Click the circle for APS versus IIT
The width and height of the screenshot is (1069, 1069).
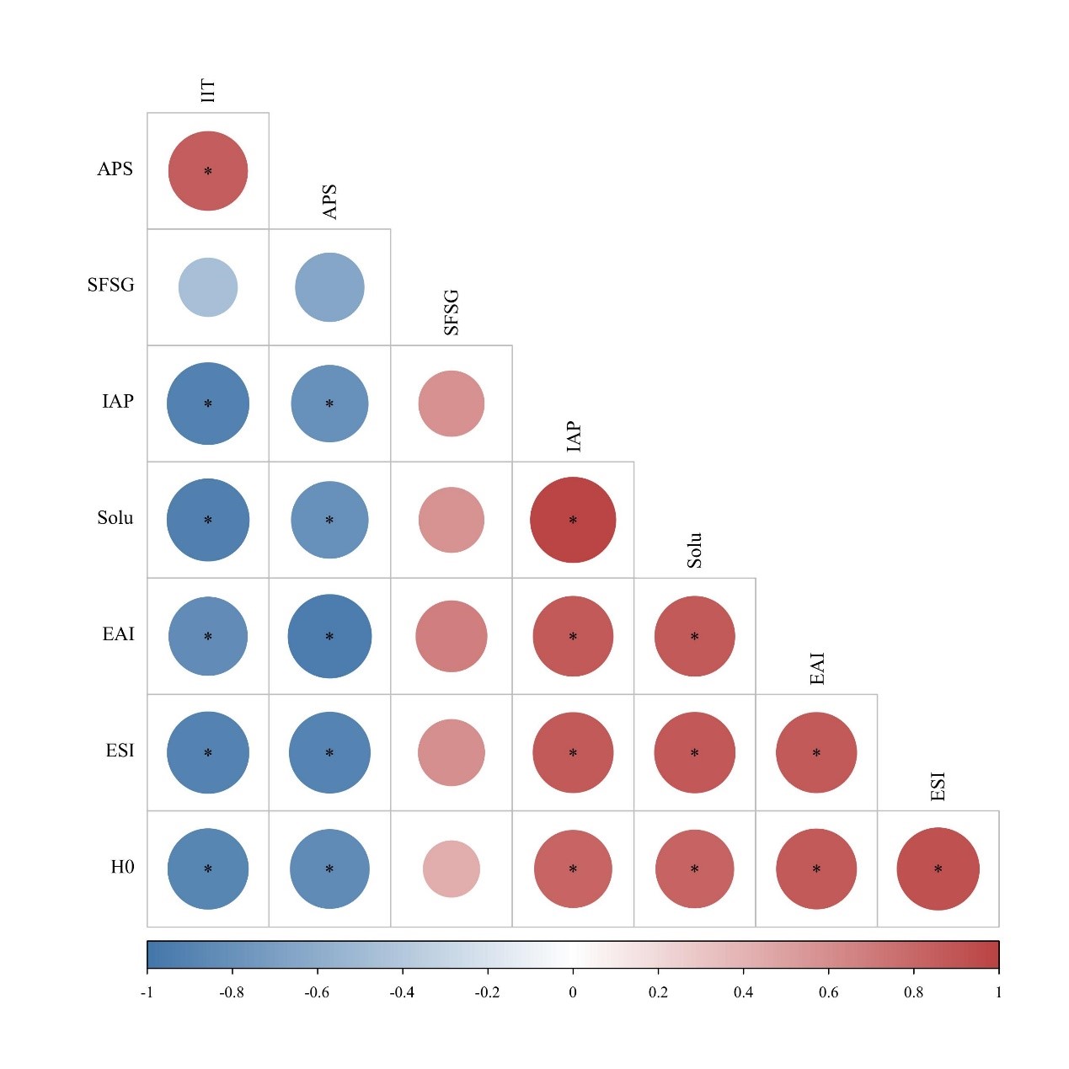coord(208,171)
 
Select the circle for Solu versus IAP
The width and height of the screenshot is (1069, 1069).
coord(573,520)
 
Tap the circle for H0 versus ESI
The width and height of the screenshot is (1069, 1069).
coord(938,869)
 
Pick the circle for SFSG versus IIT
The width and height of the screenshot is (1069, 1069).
coord(208,287)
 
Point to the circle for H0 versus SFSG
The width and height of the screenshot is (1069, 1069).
coord(452,869)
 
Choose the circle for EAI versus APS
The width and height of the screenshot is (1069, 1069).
coord(329,636)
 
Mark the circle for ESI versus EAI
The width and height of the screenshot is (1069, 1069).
coord(816,752)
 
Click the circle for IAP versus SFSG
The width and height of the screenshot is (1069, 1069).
coord(452,404)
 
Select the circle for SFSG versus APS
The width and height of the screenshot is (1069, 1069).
coord(329,287)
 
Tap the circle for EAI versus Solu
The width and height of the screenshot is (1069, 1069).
coord(695,636)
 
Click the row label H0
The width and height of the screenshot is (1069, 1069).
coord(122,867)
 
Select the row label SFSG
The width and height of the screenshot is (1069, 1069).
coord(110,285)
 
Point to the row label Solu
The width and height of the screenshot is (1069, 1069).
coord(115,517)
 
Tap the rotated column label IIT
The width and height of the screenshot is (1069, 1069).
coord(208,91)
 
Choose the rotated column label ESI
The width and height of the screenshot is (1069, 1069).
coord(938,786)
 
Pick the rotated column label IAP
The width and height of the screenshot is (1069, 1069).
coord(574,437)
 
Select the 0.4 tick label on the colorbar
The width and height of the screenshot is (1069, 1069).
coord(743,992)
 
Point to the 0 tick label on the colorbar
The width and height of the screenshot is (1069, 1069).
coord(573,992)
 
